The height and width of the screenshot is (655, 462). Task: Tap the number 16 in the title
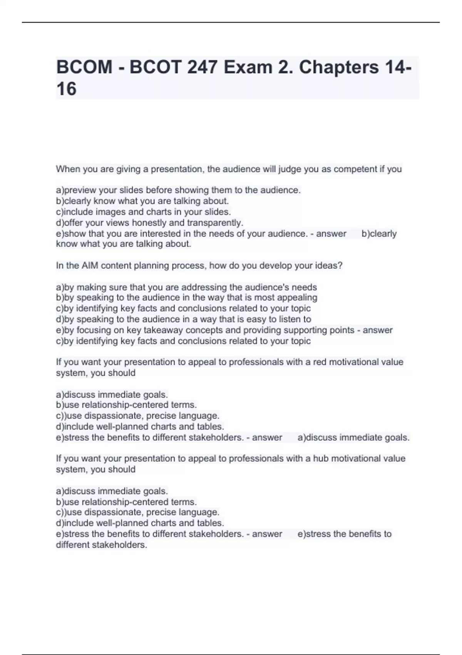[x=66, y=89]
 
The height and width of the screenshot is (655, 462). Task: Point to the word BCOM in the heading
[x=84, y=67]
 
